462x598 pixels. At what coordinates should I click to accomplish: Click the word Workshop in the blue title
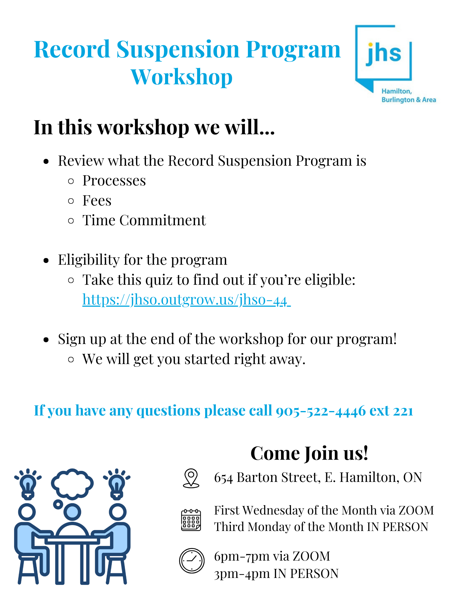[x=182, y=77]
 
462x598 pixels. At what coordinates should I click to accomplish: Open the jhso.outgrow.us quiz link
[x=186, y=299]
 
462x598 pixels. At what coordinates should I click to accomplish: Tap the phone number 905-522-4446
[x=321, y=411]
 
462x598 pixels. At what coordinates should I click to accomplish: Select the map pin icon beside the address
[x=191, y=478]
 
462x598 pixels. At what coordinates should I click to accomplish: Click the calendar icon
[x=191, y=520]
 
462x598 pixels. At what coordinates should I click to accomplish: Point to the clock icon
[x=192, y=561]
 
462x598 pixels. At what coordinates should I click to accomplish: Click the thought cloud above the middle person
[x=72, y=484]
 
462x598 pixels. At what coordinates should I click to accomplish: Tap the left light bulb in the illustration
[x=28, y=484]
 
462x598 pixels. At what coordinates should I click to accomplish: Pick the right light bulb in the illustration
[x=117, y=484]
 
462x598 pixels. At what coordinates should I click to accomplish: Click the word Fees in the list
[x=97, y=200]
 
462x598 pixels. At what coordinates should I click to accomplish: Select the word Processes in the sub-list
[x=114, y=181]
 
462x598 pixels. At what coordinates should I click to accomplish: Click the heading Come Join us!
[x=309, y=453]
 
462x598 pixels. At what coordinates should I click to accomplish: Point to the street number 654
[x=223, y=478]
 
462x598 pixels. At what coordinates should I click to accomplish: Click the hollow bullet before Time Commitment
[x=71, y=221]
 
